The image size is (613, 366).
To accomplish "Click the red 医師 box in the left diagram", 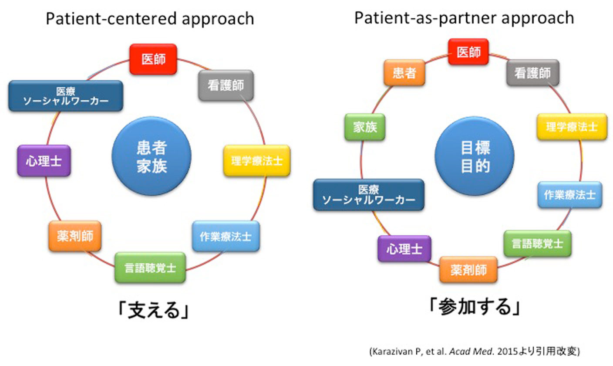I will pyautogui.click(x=154, y=58).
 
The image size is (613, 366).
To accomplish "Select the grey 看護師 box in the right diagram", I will pyautogui.click(x=532, y=73).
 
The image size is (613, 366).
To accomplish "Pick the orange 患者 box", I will pyautogui.click(x=404, y=72).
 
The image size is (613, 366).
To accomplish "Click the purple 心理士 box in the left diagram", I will pyautogui.click(x=44, y=160).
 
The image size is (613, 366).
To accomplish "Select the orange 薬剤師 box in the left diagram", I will pyautogui.click(x=75, y=236).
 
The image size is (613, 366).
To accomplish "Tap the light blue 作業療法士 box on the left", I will pyautogui.click(x=226, y=236).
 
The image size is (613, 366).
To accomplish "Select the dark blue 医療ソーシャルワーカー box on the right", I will pyautogui.click(x=368, y=195).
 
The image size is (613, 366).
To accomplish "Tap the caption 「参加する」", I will pyautogui.click(x=473, y=306).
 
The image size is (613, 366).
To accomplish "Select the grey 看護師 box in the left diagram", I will pyautogui.click(x=226, y=85).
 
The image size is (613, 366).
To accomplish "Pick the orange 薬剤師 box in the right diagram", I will pyautogui.click(x=468, y=270).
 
